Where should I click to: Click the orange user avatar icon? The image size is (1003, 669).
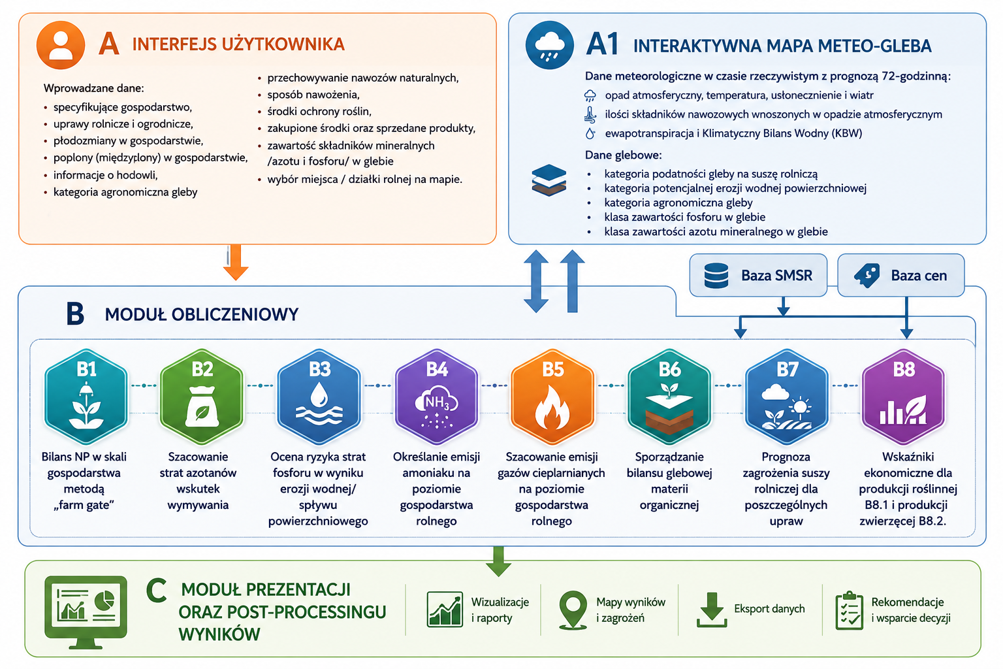(61, 45)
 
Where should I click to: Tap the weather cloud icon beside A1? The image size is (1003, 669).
(549, 45)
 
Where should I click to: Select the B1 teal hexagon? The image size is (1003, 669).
(86, 397)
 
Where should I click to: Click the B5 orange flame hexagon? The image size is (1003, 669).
(552, 397)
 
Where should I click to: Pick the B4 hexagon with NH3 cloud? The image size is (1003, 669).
(436, 397)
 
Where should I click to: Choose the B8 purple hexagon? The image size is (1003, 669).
(904, 397)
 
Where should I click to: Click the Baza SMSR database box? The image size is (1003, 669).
(758, 275)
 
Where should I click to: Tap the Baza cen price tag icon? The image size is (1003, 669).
(867, 275)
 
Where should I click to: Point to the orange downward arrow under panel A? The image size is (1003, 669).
(236, 263)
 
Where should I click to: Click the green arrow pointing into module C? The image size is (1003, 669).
(498, 561)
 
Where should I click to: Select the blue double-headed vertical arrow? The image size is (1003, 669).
(536, 281)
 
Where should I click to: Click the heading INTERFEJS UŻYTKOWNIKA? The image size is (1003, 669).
(238, 44)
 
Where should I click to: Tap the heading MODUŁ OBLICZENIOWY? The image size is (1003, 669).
(202, 314)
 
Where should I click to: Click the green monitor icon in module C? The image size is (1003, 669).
(86, 612)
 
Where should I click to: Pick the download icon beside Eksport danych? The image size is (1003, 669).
(712, 610)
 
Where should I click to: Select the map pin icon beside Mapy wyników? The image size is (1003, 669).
(573, 610)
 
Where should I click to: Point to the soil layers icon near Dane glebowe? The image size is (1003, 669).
(549, 180)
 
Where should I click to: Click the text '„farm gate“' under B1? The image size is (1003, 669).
(84, 505)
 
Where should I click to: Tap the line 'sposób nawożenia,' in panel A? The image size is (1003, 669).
(313, 95)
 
